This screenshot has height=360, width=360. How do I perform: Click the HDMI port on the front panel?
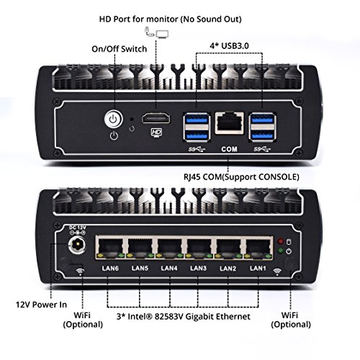(x=156, y=119)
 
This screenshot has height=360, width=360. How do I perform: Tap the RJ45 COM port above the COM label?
(x=230, y=122)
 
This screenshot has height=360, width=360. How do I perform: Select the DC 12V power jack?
(x=77, y=245)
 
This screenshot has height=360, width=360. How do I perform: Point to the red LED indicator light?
(x=280, y=240)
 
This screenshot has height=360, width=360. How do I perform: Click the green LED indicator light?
(x=280, y=251)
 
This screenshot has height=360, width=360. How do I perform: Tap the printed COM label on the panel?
(x=229, y=149)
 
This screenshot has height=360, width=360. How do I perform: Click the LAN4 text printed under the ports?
(x=169, y=268)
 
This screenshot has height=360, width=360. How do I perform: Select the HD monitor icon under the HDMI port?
(x=156, y=132)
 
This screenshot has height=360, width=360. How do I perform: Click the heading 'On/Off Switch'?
(x=120, y=49)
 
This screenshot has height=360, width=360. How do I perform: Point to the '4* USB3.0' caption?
(x=229, y=46)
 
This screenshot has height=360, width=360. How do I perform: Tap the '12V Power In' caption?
(x=41, y=305)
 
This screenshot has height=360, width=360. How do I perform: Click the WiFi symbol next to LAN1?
(x=277, y=271)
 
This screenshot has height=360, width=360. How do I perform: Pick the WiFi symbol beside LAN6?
(x=80, y=271)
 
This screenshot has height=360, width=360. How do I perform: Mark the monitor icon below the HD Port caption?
(x=162, y=34)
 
